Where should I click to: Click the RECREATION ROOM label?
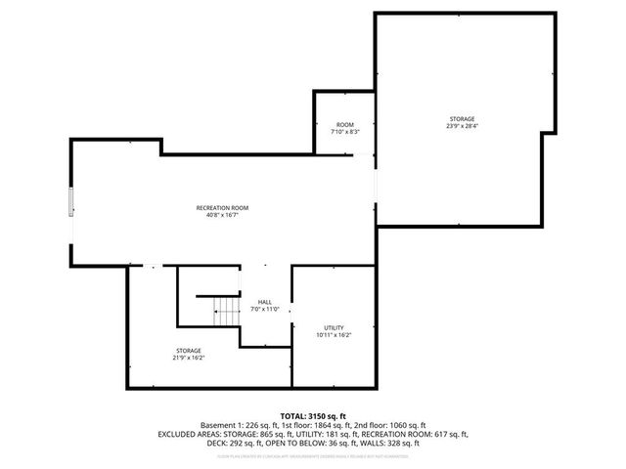click(x=222, y=207)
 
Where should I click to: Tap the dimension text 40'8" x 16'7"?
click(x=222, y=215)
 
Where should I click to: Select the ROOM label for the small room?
click(x=344, y=124)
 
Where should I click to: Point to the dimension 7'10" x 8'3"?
click(x=344, y=132)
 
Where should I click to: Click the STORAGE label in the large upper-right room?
click(x=462, y=118)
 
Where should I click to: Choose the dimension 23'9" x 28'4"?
click(x=462, y=126)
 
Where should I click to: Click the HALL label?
click(x=265, y=301)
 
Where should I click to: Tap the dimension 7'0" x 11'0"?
click(x=265, y=309)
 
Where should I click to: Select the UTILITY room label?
click(x=334, y=327)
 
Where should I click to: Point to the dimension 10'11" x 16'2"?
click(x=334, y=335)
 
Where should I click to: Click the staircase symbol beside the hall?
click(x=227, y=311)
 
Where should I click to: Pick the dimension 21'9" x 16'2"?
click(x=190, y=358)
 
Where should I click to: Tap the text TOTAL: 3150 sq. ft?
click(x=313, y=416)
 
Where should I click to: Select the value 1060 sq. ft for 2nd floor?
click(x=402, y=425)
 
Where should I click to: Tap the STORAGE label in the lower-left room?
click(x=190, y=350)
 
